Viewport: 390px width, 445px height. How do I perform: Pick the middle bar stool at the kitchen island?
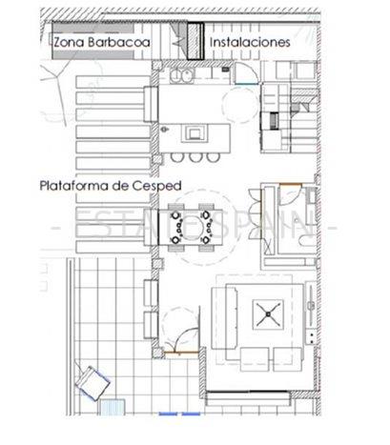195,155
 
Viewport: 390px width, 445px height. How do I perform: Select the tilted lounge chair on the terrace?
93,384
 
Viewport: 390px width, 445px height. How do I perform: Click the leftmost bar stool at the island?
178,155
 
